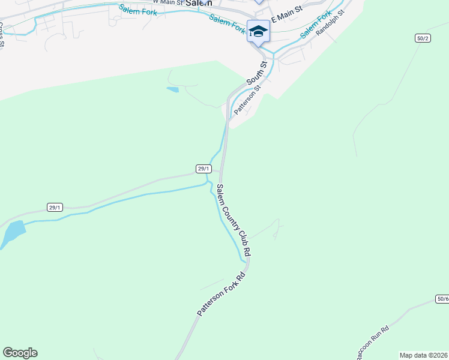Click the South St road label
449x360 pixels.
click(x=256, y=73)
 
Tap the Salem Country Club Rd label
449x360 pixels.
click(x=234, y=221)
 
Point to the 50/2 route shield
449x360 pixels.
click(x=423, y=38)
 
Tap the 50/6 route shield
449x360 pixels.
click(x=442, y=299)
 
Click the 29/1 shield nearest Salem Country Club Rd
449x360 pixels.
click(x=203, y=169)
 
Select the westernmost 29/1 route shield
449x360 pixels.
click(x=55, y=208)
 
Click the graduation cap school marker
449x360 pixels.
click(x=258, y=31)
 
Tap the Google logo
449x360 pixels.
click(x=20, y=353)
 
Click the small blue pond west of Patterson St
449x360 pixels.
click(x=172, y=89)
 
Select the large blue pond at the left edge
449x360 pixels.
click(x=12, y=233)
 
